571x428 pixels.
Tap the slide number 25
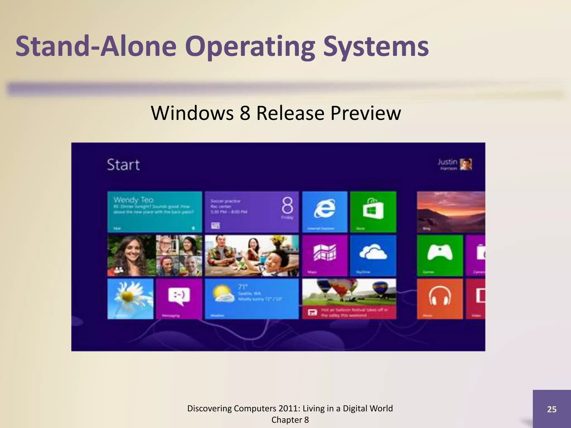pos(552,409)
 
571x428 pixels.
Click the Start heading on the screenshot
pos(123,165)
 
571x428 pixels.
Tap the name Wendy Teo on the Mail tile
pos(134,200)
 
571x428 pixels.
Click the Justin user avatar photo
pos(466,164)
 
